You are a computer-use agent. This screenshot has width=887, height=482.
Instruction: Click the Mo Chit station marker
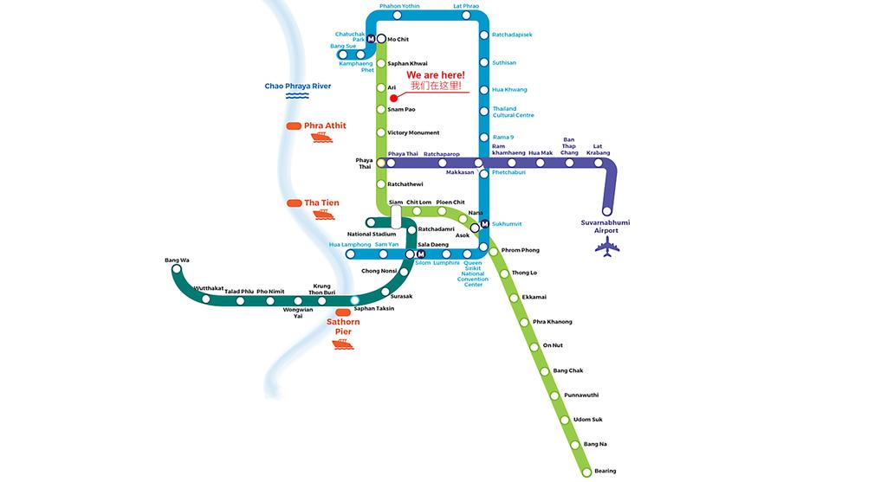[x=381, y=39]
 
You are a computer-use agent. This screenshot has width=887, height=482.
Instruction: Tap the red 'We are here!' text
[x=436, y=75]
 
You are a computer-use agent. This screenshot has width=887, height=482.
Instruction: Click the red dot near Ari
[x=394, y=99]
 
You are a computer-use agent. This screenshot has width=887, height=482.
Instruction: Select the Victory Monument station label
[x=413, y=132]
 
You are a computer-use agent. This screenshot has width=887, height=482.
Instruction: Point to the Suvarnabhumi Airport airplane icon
[x=607, y=247]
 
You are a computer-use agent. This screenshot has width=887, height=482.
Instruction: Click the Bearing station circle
[x=586, y=472]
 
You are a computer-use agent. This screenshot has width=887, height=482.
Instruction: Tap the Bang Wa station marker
[x=177, y=269]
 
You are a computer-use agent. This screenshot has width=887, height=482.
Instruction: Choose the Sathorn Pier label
[x=343, y=326]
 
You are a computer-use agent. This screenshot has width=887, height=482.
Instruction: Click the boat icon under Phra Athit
[x=322, y=138]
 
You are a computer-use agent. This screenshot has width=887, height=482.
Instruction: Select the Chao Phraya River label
[x=298, y=86]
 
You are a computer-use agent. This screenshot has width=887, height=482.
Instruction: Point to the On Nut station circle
[x=534, y=347]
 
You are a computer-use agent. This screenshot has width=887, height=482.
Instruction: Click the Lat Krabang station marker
[x=598, y=163]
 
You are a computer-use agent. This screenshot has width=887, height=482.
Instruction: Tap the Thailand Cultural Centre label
[x=513, y=112]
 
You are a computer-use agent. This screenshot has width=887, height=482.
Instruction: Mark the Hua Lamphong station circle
[x=350, y=254]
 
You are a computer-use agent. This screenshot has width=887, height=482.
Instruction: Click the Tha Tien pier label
[x=321, y=202]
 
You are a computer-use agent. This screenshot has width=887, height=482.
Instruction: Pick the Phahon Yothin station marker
[x=397, y=16]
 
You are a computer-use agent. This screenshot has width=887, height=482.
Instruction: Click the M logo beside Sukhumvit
[x=485, y=224]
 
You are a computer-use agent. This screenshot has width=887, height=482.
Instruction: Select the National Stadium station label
[x=372, y=234]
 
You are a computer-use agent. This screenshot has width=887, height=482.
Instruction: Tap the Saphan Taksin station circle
[x=354, y=300]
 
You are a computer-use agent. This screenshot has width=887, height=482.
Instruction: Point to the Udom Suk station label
[x=588, y=420]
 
